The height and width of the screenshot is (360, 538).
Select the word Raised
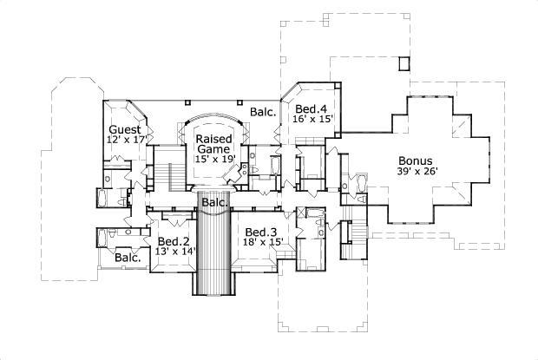coord(212,139)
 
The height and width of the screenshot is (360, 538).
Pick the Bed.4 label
coord(310,108)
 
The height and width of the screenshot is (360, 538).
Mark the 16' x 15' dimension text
coord(313,119)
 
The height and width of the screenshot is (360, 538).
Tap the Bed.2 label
coord(173,241)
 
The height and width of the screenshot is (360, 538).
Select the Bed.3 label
coord(260,232)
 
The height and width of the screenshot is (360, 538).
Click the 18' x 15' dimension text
coord(264,242)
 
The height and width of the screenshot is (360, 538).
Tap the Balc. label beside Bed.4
coord(263,112)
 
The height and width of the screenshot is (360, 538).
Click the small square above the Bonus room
coord(403,63)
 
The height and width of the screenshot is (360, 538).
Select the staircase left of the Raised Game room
coord(167,168)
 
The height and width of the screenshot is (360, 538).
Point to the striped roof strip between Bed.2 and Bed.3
coord(213,252)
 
